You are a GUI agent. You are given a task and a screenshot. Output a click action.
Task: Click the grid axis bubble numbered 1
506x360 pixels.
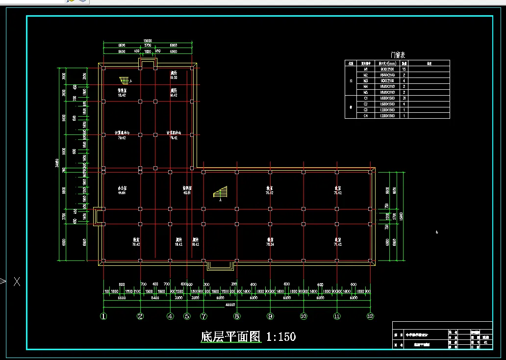(x=103, y=316)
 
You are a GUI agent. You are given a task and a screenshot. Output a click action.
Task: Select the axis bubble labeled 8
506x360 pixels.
(x=237, y=316)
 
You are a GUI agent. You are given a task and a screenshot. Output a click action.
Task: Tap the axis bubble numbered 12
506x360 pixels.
(x=370, y=316)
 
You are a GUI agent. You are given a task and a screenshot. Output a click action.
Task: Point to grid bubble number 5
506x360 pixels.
(x=187, y=316)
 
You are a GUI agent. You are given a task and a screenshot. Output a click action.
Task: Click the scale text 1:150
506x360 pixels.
(x=281, y=337)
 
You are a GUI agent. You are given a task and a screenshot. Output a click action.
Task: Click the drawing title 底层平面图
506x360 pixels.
(x=230, y=337)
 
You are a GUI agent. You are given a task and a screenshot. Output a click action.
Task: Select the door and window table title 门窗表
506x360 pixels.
(x=397, y=55)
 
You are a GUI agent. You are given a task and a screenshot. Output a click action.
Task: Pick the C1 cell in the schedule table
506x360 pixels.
(x=365, y=98)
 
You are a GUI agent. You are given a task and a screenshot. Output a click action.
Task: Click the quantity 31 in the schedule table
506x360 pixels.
(x=404, y=98)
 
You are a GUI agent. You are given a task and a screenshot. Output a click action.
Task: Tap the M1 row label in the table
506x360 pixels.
(x=365, y=69)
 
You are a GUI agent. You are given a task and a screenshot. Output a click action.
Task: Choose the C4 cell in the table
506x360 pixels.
(x=365, y=116)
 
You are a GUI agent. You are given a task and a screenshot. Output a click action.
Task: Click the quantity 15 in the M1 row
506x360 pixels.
(x=404, y=69)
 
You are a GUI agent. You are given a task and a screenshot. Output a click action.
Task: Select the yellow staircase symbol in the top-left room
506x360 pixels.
(x=125, y=80)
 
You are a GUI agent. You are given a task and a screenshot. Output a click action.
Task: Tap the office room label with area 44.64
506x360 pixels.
(x=122, y=190)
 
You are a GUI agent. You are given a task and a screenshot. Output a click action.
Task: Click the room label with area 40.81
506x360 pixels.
(x=187, y=190)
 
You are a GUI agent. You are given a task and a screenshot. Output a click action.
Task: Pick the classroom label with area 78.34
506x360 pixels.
(x=270, y=242)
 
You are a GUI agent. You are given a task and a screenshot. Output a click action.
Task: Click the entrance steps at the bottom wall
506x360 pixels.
(x=221, y=265)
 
